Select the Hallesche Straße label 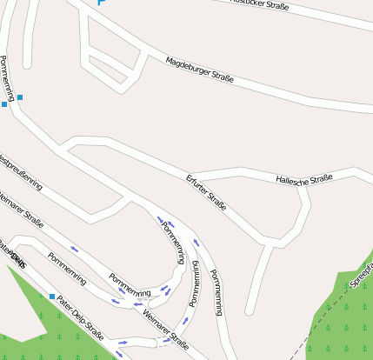tap(304, 180)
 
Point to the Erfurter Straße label tap(206, 193)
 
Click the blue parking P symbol tap(101, 3)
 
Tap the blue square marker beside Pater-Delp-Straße tap(52, 297)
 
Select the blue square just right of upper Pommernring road tap(20, 97)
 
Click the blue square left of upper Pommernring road tap(4, 104)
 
